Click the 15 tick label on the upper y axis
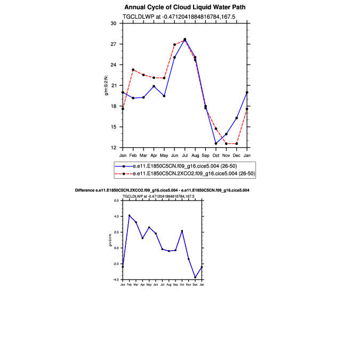pos(113,127)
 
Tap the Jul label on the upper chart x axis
pos(185,155)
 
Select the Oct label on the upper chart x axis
pos(216,155)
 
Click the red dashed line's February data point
pos(133,70)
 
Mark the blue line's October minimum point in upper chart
pos(216,143)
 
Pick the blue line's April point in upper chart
pos(154,86)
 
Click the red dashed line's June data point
pos(174,45)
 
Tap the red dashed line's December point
pos(237,143)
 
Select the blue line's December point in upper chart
pos(237,118)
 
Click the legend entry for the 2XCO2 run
pos(183,174)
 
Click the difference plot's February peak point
pos(130,215)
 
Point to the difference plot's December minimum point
pos(195,277)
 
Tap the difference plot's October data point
pos(182,231)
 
